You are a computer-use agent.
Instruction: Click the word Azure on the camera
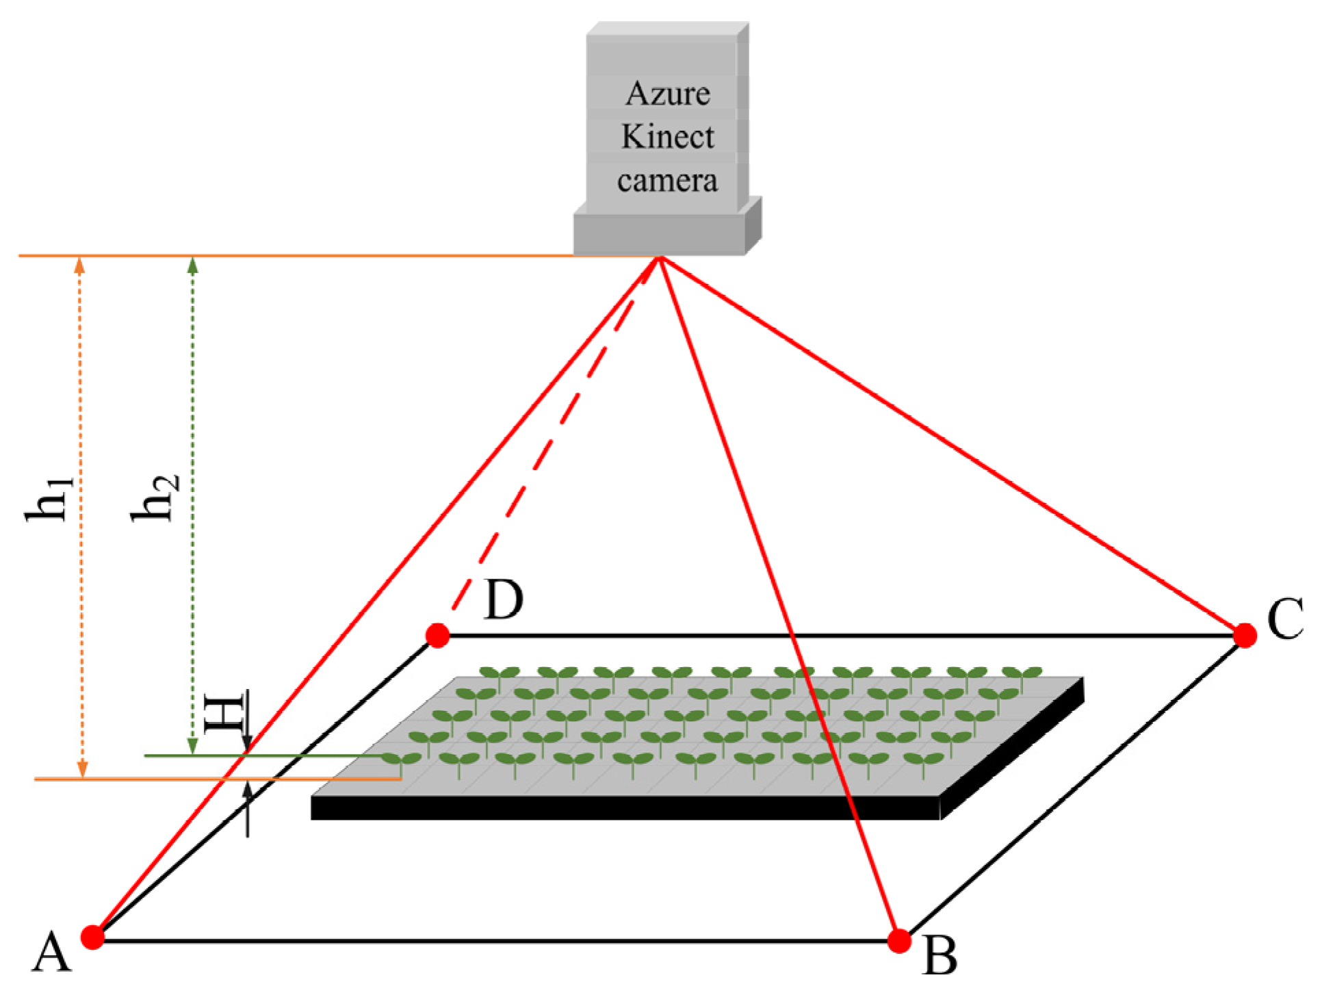(667, 94)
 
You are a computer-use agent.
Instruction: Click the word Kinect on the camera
(667, 137)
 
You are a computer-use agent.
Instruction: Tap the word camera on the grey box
(667, 181)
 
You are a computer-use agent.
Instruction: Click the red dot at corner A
(92, 937)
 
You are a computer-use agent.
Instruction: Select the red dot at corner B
(899, 941)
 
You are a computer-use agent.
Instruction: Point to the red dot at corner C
(1245, 635)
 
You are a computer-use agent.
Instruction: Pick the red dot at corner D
(437, 635)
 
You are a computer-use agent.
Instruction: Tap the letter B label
(940, 956)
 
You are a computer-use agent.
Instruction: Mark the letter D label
(503, 600)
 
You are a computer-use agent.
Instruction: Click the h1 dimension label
(49, 498)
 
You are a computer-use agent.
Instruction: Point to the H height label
(225, 714)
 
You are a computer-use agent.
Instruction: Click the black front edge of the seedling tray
(625, 808)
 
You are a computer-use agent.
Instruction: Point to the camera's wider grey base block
(658, 235)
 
